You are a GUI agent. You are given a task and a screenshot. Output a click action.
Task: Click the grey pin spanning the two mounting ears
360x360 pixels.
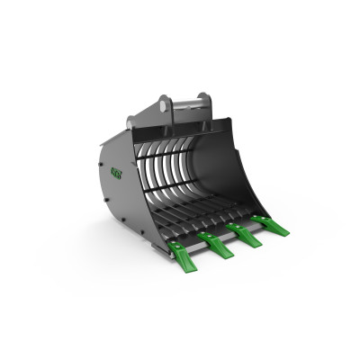(x=184, y=101)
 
